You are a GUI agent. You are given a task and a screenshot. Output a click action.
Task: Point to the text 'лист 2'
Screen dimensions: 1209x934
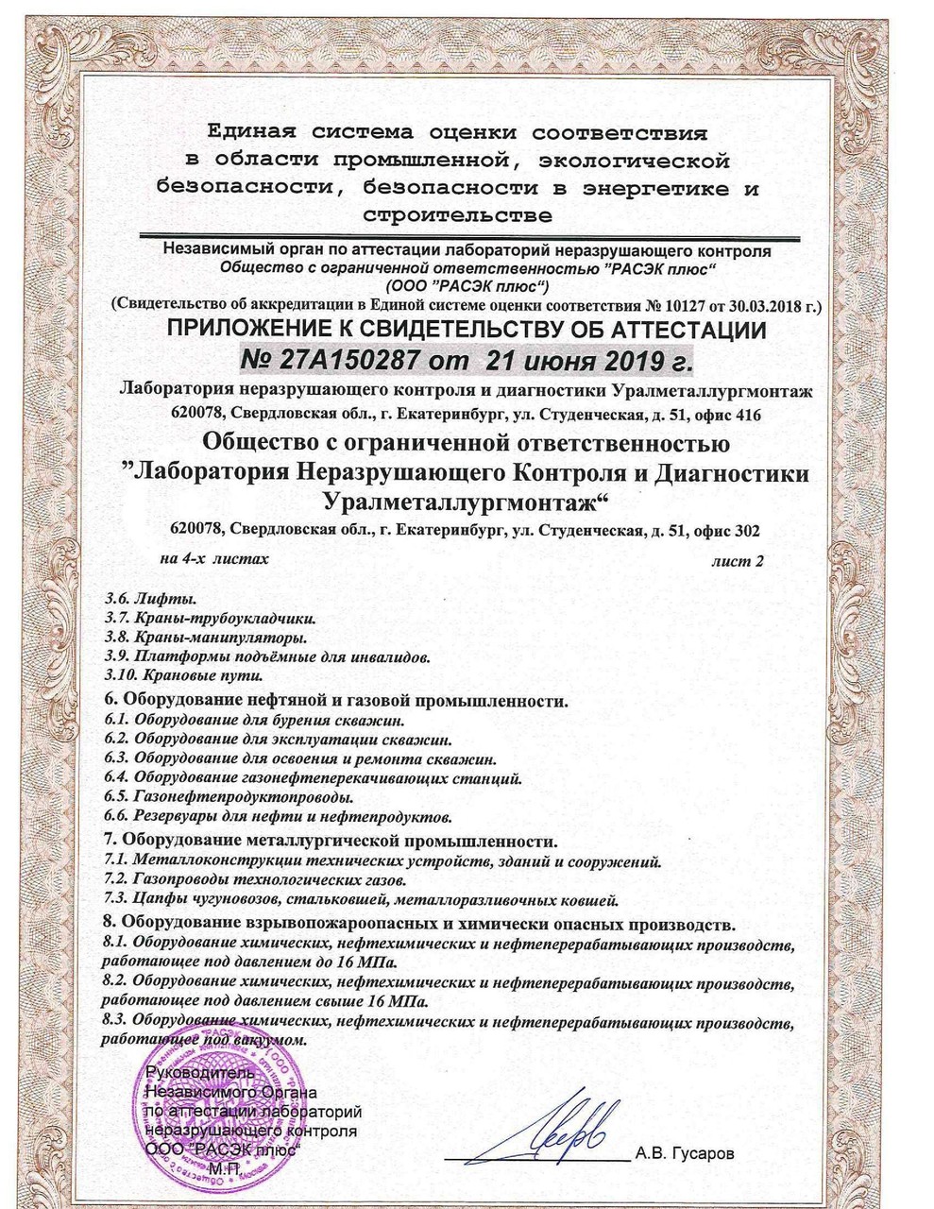(x=741, y=560)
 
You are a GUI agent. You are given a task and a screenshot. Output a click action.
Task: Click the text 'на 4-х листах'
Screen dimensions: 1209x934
(x=215, y=559)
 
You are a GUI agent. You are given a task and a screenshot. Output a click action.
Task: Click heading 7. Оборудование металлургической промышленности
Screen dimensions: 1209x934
(x=331, y=841)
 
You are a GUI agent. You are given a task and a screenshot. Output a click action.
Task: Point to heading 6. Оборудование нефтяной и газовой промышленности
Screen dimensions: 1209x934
(x=337, y=702)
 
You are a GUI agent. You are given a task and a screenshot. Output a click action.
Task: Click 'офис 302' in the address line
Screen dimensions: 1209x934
(x=724, y=529)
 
